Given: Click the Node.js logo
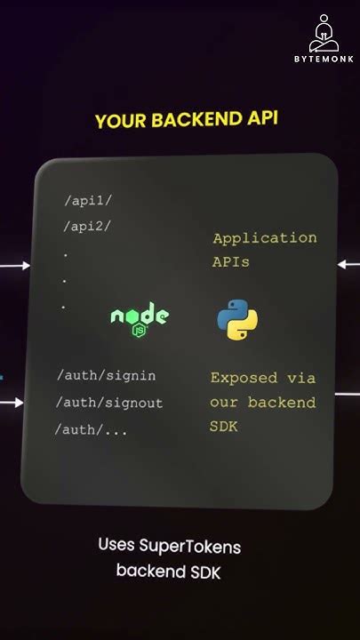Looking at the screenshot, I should click(139, 317).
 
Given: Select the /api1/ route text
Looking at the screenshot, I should click(88, 201).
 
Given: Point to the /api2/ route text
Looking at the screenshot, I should click(87, 226).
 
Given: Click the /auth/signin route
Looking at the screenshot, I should click(106, 376).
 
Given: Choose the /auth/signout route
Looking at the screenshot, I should click(109, 403).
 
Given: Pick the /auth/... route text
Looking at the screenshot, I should click(92, 430).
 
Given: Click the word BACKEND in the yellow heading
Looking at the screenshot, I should click(188, 120).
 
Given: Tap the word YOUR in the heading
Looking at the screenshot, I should click(118, 122).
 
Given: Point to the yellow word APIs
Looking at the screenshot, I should click(231, 262).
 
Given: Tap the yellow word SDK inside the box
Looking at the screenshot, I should click(225, 428).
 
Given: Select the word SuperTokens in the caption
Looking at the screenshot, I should click(199, 546).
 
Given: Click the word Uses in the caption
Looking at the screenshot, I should click(117, 544).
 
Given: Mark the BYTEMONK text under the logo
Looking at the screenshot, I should click(324, 60).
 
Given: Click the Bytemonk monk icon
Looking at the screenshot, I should click(324, 34).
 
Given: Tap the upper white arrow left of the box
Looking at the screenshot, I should click(14, 265).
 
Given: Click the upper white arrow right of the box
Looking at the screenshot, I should click(348, 264).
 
